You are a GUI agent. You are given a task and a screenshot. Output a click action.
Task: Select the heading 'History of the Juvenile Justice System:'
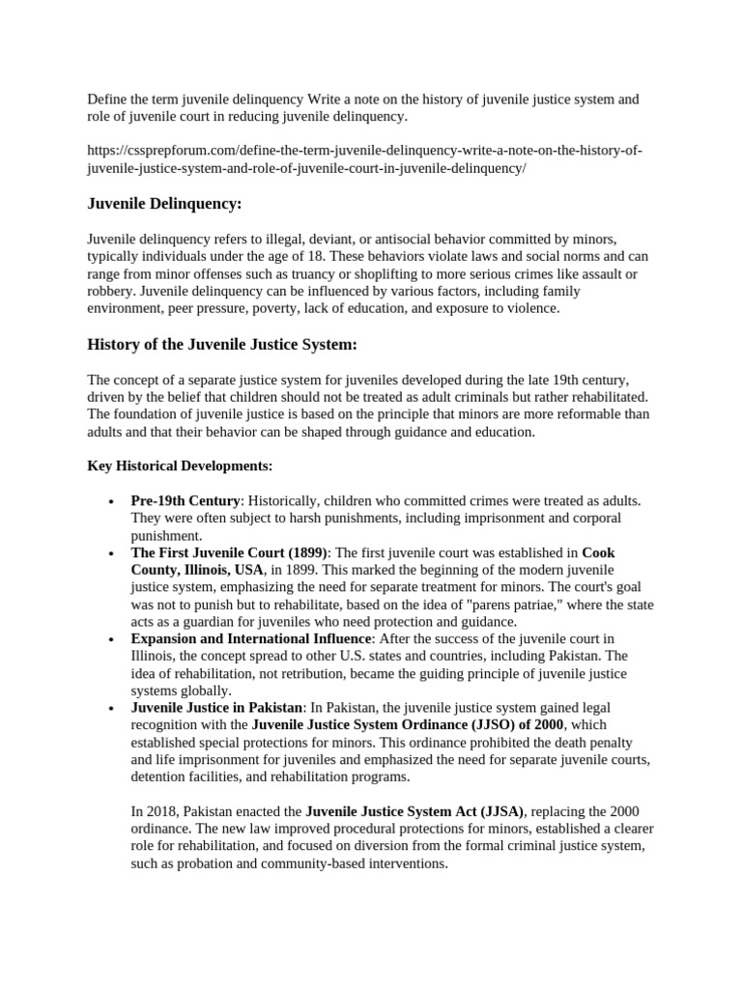point(223,344)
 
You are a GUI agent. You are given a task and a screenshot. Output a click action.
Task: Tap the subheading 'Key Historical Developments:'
point(180,466)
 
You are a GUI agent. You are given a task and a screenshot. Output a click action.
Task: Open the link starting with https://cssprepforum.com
point(365,159)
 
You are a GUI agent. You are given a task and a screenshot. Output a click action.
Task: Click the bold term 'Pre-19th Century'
point(185,500)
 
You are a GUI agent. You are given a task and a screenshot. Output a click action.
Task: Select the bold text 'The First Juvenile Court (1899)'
point(230,552)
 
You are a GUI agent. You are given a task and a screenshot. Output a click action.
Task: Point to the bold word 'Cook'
point(598,552)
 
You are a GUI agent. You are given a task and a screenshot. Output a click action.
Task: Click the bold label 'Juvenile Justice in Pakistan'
point(217,708)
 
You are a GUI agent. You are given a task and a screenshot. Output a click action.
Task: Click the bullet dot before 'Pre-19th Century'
point(113,501)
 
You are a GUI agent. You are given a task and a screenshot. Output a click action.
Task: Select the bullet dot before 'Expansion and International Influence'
point(113,639)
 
